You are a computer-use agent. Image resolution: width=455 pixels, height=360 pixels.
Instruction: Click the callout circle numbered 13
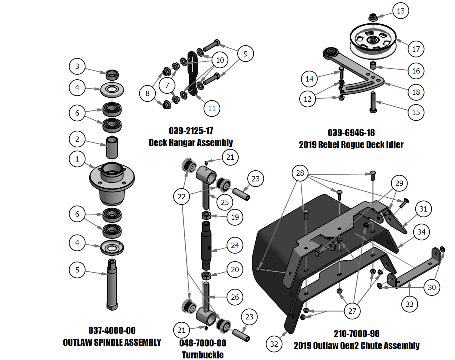(401, 11)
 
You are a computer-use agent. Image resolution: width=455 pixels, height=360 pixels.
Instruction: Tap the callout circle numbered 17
(416, 49)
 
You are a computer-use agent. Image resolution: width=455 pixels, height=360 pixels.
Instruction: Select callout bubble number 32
(274, 344)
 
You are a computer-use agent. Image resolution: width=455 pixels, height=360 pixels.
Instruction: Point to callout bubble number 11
(212, 108)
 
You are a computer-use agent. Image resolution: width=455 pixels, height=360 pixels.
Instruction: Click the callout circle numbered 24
(235, 245)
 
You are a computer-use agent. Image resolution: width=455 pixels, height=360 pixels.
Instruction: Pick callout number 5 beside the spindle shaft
(77, 270)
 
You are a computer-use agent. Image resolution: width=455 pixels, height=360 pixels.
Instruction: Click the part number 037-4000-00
(112, 330)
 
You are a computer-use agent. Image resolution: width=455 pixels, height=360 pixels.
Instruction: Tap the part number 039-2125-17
(191, 131)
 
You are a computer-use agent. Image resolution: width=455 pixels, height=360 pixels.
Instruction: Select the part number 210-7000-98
(357, 333)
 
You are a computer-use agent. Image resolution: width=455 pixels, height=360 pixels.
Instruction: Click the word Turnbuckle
(202, 354)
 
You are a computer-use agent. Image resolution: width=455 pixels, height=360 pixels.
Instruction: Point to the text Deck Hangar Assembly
(191, 142)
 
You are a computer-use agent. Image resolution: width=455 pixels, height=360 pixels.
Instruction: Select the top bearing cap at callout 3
(112, 74)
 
